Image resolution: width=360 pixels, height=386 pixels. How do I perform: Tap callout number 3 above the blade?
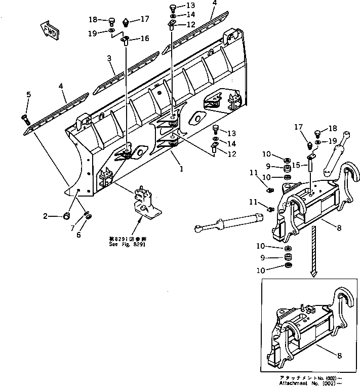click(109, 59)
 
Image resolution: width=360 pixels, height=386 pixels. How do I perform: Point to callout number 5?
click(28, 94)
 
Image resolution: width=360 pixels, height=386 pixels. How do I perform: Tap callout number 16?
click(145, 38)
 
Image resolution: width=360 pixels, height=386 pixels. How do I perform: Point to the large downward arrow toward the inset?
click(314, 248)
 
